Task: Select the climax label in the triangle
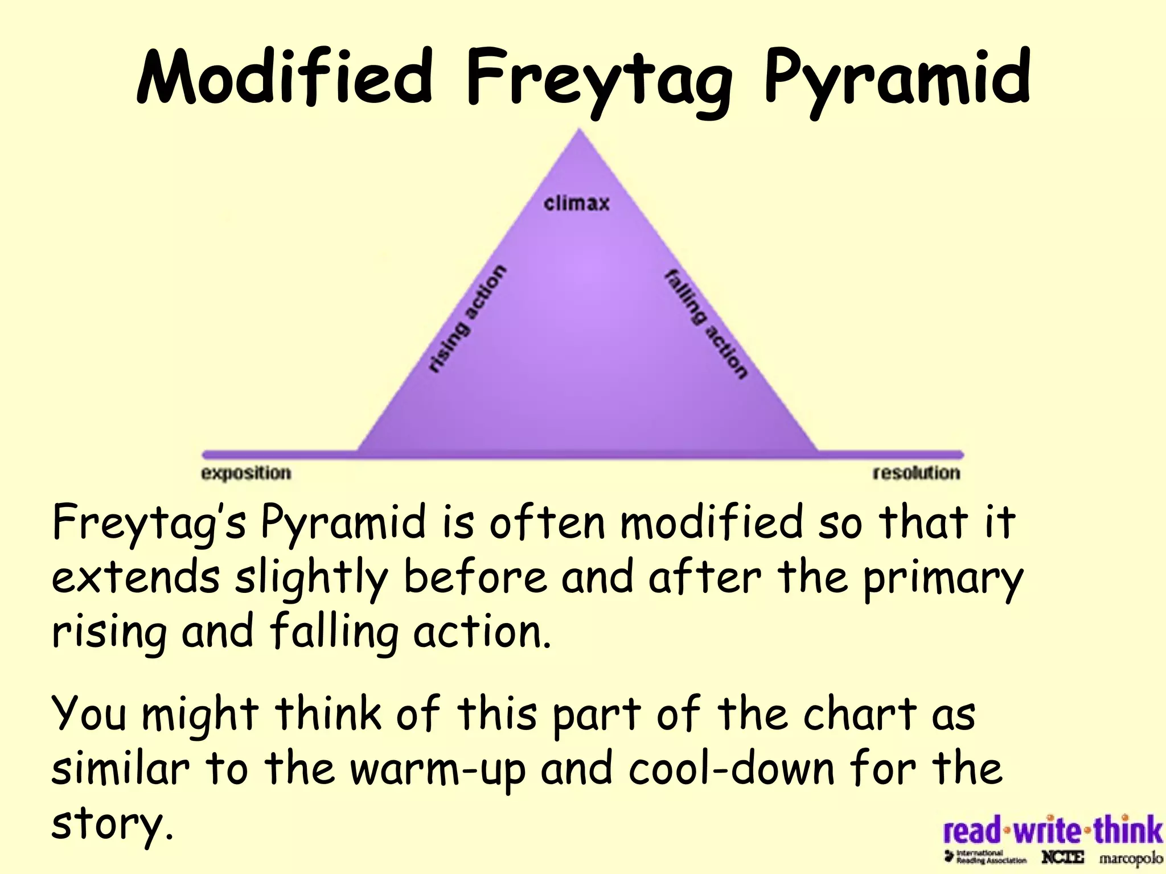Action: click(x=576, y=203)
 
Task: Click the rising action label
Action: click(x=467, y=319)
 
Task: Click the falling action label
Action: click(x=706, y=323)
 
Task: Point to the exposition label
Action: click(x=246, y=473)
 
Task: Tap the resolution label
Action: click(x=916, y=473)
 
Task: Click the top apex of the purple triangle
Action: click(x=580, y=132)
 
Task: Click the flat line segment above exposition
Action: click(x=279, y=455)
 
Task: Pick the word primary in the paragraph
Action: click(x=942, y=579)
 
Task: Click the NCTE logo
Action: click(x=1062, y=857)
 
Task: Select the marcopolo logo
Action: click(x=1130, y=857)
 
